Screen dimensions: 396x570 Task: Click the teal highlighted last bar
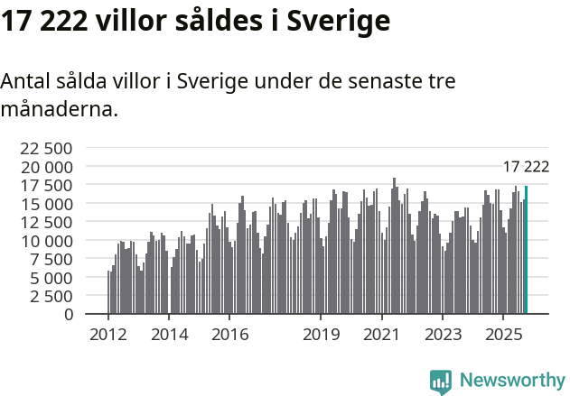526,250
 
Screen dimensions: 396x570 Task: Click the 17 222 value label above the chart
526,166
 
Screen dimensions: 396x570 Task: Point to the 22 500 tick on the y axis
46,148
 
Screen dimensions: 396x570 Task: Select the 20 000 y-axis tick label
46,167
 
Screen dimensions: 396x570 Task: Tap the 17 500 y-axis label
46,185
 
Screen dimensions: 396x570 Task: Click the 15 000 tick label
46,204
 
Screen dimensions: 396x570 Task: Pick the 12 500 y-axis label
46,222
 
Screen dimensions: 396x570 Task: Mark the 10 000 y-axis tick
46,241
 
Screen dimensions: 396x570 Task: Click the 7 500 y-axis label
51,259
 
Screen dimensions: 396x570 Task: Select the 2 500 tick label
51,296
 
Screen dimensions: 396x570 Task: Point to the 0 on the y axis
69,314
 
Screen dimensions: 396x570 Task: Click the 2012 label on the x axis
108,335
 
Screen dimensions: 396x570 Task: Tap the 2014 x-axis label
169,335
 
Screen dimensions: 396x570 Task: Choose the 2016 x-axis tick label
229,335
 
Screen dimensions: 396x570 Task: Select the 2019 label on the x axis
321,335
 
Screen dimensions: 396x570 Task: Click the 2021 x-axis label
381,335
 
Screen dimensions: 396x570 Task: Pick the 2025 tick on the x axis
502,335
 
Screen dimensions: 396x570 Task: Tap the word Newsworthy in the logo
511,381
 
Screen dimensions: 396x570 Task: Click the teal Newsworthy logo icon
441,381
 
